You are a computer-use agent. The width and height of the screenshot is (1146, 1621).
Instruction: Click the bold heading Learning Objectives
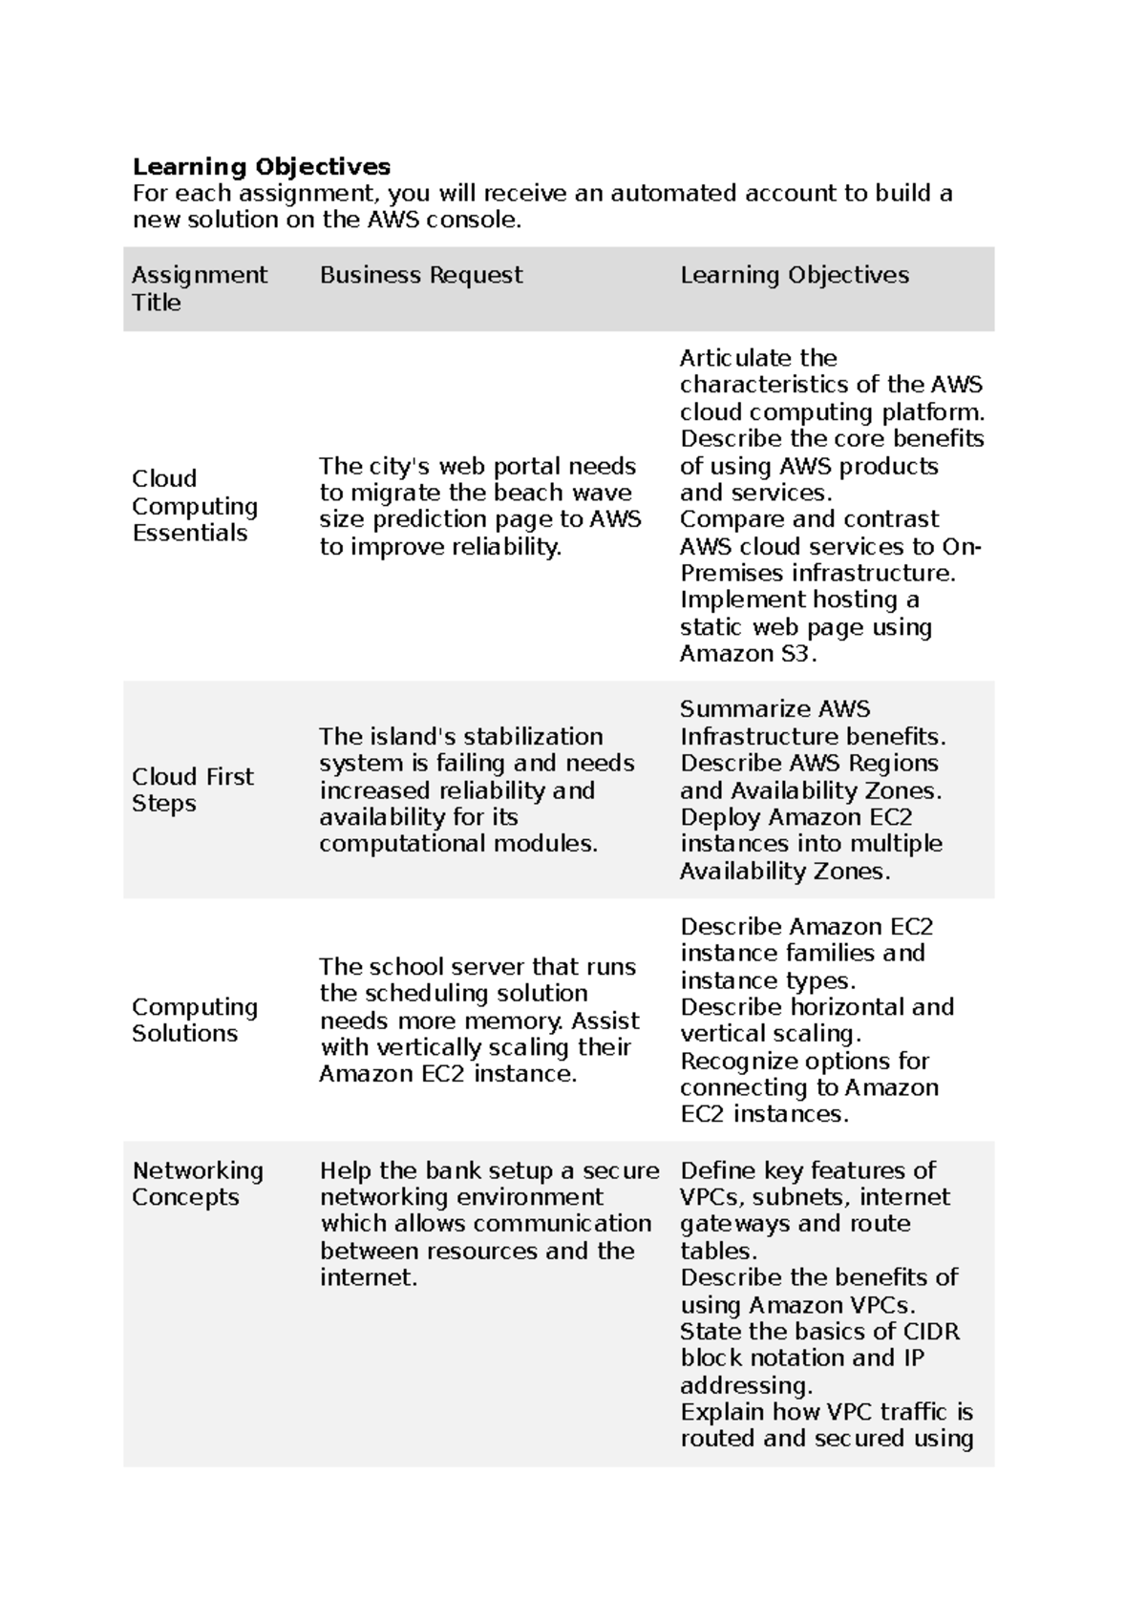click(261, 167)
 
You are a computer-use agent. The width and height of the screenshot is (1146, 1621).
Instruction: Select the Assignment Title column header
click(199, 288)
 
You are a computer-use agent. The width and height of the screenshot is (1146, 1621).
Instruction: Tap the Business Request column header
click(420, 276)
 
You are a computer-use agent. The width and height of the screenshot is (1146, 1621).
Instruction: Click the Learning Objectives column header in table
click(794, 276)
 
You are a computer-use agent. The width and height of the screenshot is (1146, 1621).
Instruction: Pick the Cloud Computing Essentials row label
click(194, 506)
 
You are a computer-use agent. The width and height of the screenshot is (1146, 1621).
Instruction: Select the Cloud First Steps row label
click(192, 789)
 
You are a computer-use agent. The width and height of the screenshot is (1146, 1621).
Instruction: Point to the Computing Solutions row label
click(194, 1021)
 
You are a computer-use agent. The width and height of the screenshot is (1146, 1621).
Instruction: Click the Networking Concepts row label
click(197, 1184)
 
